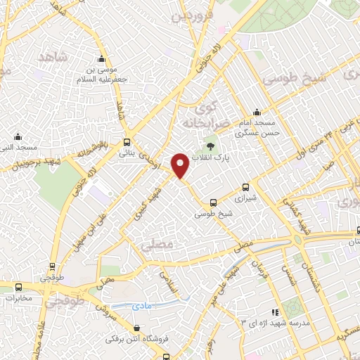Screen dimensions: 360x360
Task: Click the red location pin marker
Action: [180, 165]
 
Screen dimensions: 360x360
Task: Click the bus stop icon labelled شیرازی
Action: [245, 187]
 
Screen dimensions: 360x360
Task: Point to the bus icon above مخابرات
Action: [19, 287]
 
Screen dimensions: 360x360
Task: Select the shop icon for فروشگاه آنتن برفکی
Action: [137, 328]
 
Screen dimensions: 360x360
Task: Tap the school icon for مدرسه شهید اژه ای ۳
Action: [276, 311]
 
